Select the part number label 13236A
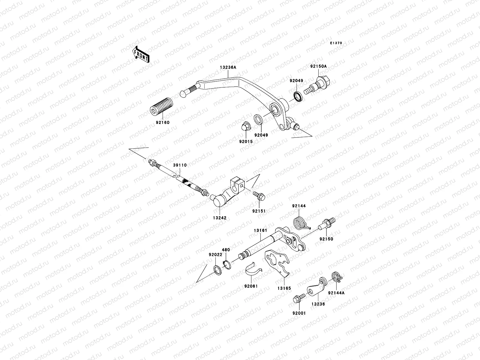(228, 67)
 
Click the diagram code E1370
(336, 43)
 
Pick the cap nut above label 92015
(245, 127)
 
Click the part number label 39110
(180, 165)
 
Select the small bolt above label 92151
(259, 196)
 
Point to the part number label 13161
(260, 230)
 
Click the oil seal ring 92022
(217, 269)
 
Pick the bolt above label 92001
(299, 298)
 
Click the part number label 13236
(318, 304)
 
